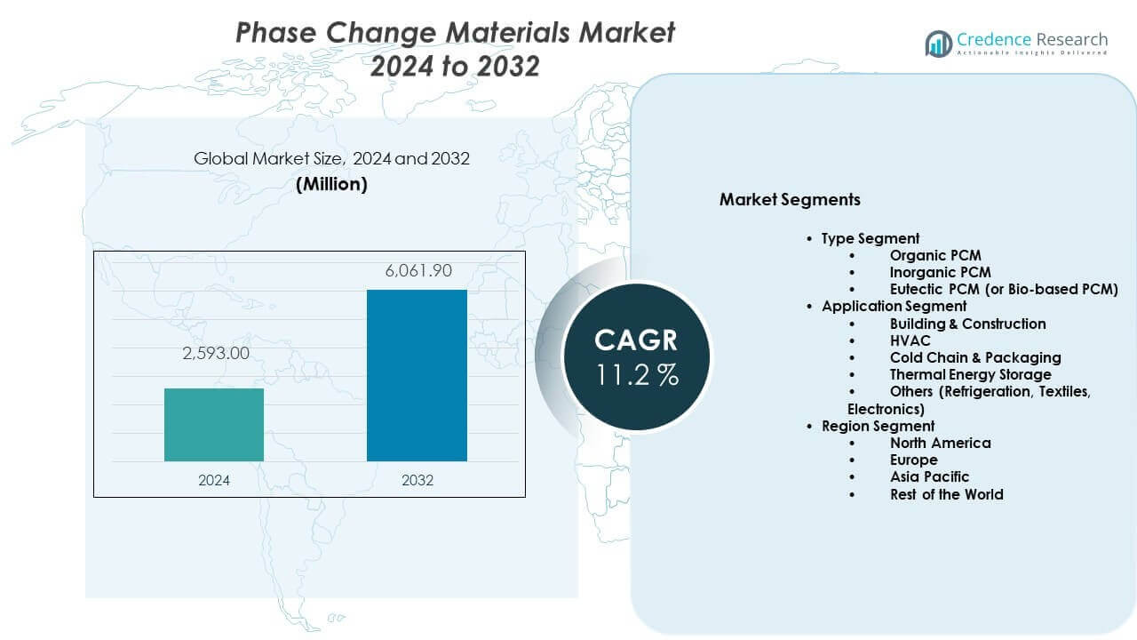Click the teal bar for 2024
(x=214, y=425)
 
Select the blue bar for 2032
(x=417, y=375)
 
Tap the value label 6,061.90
(x=417, y=270)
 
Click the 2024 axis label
(x=214, y=480)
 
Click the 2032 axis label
(x=417, y=480)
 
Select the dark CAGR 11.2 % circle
(x=636, y=356)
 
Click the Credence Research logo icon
(x=938, y=43)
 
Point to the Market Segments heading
(x=790, y=199)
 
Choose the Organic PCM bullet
(x=935, y=255)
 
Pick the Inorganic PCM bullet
(x=940, y=272)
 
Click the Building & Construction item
(x=967, y=324)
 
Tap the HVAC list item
(x=910, y=340)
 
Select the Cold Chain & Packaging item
(x=974, y=357)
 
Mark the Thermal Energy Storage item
(x=970, y=374)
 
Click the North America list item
(x=940, y=443)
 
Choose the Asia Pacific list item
(x=929, y=476)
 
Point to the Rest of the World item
(x=946, y=494)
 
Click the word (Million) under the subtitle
(x=331, y=184)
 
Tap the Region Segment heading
(x=878, y=426)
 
